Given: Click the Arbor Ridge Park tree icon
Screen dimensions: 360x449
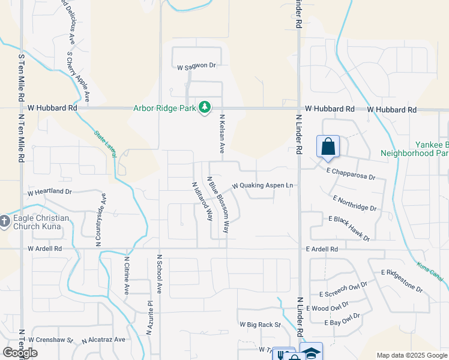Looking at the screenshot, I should [x=206, y=108].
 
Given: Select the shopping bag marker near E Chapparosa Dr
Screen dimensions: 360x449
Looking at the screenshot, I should [x=328, y=147].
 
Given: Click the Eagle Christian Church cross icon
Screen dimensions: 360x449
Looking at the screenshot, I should [x=5, y=222].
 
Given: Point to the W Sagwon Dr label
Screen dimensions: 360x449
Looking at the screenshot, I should [x=196, y=65].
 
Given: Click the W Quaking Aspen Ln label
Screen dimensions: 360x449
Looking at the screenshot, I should [x=262, y=185].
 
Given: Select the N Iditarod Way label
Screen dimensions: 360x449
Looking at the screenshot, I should [x=202, y=202].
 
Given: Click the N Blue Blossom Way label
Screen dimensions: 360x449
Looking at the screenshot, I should [x=218, y=205].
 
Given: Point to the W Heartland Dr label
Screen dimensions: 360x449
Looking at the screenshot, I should [x=50, y=193].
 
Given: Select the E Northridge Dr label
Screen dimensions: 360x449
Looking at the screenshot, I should [x=354, y=203].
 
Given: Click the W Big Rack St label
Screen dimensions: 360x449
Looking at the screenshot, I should [x=261, y=325].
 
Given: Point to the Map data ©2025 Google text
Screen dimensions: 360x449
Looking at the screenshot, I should [x=411, y=355].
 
